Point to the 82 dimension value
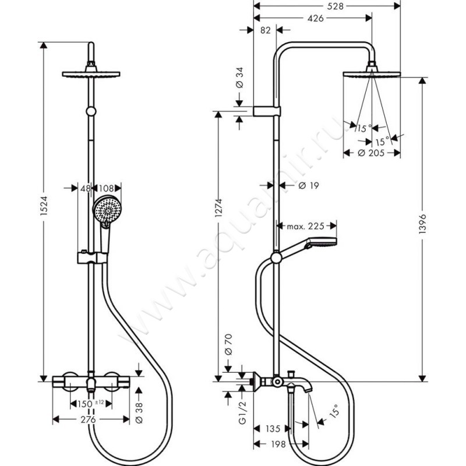(264, 31)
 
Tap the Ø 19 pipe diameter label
(306, 186)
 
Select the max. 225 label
(303, 225)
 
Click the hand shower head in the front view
(105, 210)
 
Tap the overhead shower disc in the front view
(90, 75)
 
